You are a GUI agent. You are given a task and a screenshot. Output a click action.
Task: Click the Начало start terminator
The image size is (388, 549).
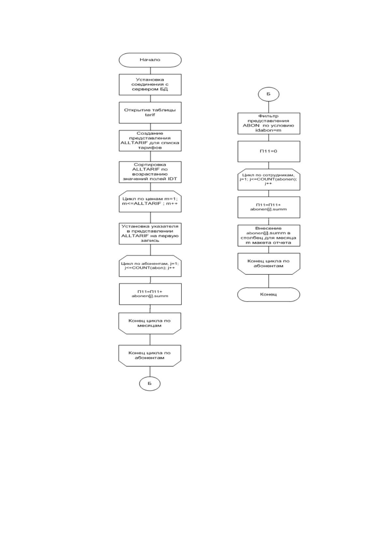click(150, 60)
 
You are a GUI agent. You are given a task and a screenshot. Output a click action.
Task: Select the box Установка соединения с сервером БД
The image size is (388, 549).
click(150, 84)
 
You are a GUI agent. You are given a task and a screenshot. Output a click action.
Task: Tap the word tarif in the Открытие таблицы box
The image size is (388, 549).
click(150, 115)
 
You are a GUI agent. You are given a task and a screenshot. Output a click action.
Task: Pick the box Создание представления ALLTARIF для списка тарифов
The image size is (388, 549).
click(150, 141)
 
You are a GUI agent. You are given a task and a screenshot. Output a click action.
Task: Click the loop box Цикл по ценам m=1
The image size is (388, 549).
click(150, 201)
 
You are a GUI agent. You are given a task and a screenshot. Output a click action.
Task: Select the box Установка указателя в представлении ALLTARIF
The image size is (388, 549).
click(150, 233)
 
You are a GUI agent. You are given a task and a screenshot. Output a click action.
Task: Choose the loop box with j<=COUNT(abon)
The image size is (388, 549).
click(150, 266)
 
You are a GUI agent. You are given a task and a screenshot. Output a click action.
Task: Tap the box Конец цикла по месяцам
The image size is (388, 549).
click(150, 323)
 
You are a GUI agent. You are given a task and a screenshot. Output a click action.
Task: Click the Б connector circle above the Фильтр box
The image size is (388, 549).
click(269, 94)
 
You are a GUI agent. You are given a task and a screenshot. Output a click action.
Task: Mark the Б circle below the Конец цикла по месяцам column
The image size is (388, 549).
click(150, 384)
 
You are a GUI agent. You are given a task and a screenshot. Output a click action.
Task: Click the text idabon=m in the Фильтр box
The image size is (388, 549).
click(268, 130)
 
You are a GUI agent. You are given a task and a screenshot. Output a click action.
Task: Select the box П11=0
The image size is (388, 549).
click(269, 152)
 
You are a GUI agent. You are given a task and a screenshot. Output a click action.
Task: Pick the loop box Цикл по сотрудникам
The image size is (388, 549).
click(269, 179)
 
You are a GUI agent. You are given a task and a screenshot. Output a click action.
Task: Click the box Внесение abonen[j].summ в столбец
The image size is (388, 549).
click(269, 235)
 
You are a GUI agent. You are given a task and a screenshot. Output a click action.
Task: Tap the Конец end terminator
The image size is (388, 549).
click(268, 294)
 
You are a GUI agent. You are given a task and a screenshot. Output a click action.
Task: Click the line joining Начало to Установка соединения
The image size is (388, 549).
click(150, 71)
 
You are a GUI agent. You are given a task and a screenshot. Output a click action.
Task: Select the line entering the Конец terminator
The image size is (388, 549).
click(269, 281)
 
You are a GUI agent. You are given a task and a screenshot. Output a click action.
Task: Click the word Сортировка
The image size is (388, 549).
click(150, 164)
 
